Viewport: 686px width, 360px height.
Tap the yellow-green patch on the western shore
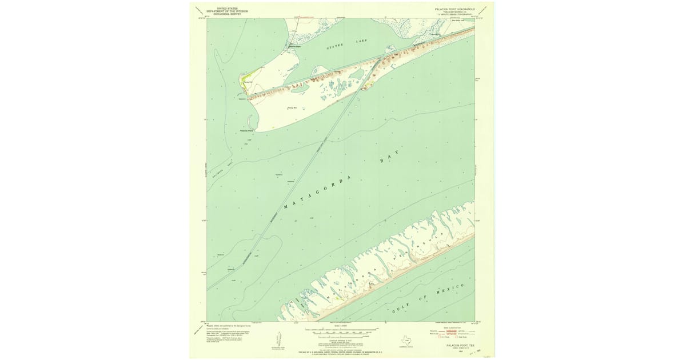coord(246,77)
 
